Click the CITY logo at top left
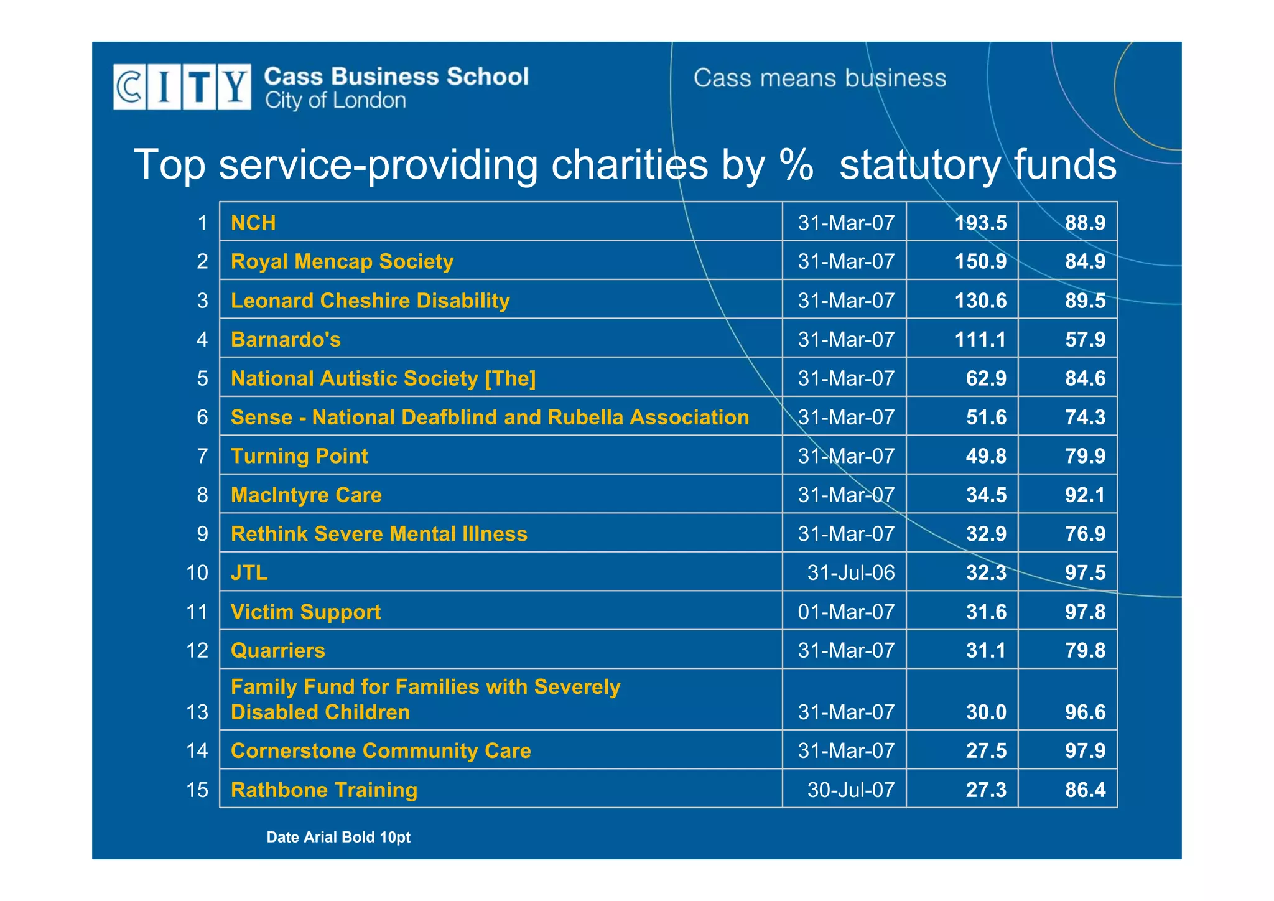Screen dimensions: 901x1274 (182, 87)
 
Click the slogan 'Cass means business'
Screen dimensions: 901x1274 (819, 78)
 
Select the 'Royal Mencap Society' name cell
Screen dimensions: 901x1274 (342, 261)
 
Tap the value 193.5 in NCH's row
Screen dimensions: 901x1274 (980, 223)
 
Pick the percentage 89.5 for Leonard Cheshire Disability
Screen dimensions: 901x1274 (1085, 301)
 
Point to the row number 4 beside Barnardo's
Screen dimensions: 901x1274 (202, 340)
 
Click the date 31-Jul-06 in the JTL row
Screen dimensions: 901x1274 (850, 572)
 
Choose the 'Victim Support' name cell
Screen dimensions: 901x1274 (305, 612)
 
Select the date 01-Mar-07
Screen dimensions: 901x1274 (846, 612)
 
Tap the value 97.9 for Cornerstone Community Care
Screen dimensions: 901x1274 (1085, 750)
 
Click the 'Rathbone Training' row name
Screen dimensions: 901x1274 (324, 790)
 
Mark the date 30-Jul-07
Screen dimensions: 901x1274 (850, 790)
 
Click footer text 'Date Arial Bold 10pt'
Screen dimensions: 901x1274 (338, 837)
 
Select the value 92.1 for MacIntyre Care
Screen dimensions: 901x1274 (1085, 495)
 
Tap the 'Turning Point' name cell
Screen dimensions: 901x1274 (299, 456)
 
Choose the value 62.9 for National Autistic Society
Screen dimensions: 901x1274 (986, 378)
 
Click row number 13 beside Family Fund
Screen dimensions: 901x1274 (197, 712)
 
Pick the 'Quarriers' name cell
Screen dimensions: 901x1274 (278, 650)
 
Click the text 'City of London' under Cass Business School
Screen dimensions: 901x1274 (335, 101)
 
